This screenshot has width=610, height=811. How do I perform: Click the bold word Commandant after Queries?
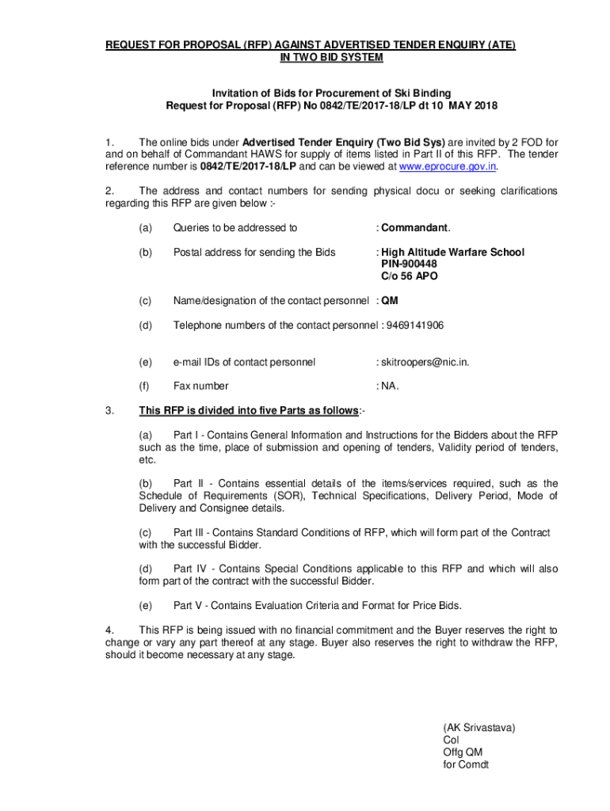(x=414, y=228)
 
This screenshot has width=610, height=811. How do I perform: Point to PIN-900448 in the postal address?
(x=409, y=264)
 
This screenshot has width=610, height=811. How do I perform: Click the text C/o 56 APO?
(x=409, y=276)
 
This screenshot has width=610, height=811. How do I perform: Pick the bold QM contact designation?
(x=390, y=301)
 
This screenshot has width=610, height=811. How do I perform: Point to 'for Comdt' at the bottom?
(x=467, y=765)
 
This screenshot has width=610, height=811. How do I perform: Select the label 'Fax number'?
(x=201, y=386)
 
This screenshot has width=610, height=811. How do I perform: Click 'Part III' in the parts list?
(x=190, y=533)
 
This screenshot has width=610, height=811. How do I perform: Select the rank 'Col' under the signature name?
(x=452, y=740)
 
